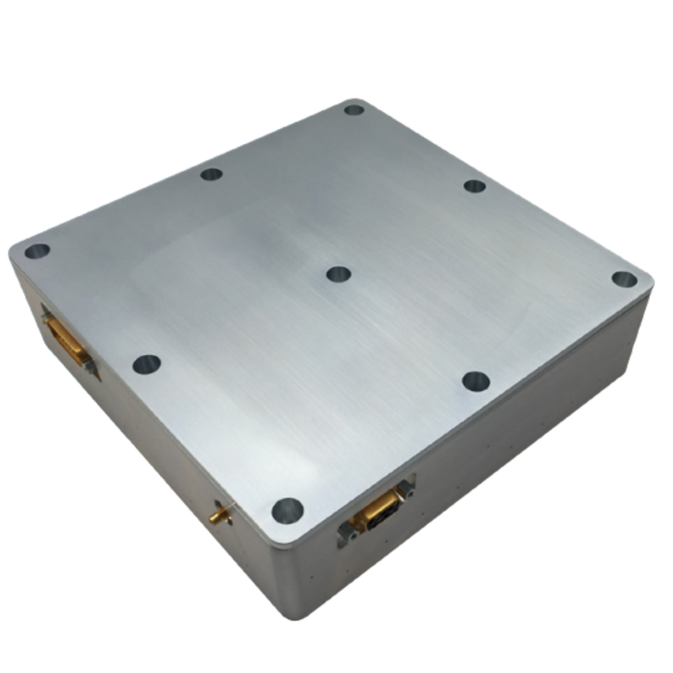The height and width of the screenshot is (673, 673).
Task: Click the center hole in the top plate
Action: [339, 274]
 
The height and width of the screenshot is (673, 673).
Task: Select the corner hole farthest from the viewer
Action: [355, 110]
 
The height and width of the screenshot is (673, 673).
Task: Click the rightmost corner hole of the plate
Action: [624, 279]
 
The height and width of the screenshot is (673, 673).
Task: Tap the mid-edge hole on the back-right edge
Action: [475, 186]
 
